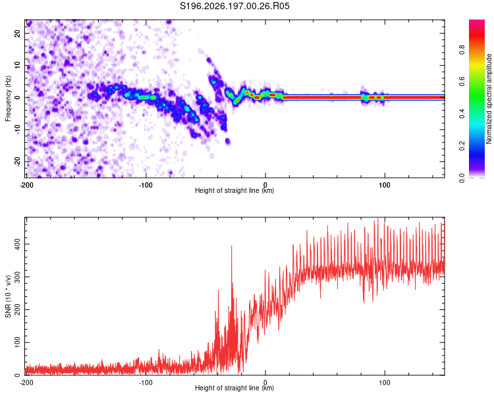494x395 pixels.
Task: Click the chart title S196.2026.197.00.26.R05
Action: (234, 6)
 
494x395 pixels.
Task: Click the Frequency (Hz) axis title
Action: (8, 99)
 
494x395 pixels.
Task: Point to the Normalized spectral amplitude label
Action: (489, 99)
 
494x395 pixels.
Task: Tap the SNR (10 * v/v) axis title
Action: (8, 296)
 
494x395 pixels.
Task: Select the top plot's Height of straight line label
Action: (234, 190)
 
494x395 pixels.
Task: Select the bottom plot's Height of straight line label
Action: (234, 388)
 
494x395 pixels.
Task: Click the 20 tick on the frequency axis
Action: (17, 34)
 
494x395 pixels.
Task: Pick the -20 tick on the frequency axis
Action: (17, 162)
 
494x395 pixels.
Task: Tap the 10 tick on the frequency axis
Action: (17, 66)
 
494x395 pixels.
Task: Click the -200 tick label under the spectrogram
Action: (26, 185)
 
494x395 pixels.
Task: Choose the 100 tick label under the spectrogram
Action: (385, 185)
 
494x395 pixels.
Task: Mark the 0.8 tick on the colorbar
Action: (462, 50)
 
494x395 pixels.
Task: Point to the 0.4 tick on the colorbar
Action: (462, 114)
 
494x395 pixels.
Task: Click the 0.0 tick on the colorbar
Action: (462, 178)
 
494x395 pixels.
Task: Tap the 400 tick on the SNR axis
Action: (17, 244)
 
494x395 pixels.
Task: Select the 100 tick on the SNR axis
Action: (17, 342)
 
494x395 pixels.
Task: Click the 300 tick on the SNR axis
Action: (17, 277)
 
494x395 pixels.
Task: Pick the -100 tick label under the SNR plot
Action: (146, 382)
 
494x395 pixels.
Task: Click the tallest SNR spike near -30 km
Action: (232, 246)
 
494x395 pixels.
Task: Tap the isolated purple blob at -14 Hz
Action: (227, 142)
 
